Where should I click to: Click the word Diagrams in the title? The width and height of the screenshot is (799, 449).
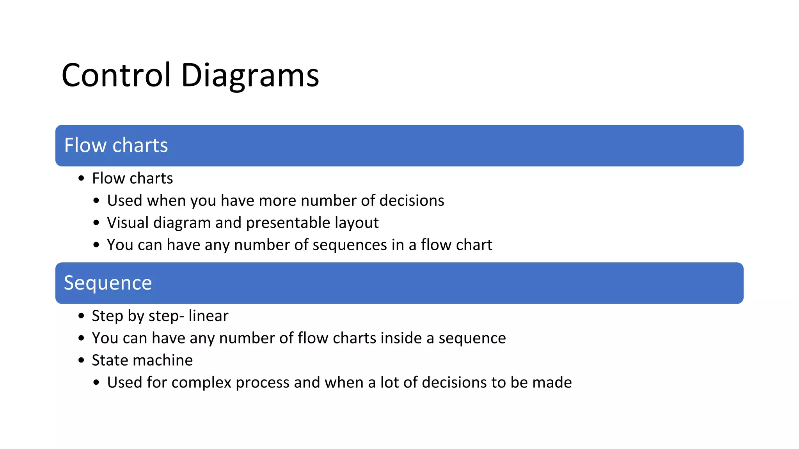[x=250, y=75]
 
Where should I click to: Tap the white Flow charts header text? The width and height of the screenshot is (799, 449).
[x=116, y=145]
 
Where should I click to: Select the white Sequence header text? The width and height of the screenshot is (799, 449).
[x=108, y=283]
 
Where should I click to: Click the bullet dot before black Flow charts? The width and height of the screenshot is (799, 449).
[x=81, y=179]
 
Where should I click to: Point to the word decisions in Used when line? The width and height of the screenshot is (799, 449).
[x=412, y=200]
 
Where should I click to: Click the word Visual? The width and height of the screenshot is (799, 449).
[x=128, y=223]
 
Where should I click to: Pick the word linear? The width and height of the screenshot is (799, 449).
[x=208, y=316]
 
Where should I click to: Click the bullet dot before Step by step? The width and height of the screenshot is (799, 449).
[x=81, y=316]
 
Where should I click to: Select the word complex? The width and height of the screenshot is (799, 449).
[x=201, y=382]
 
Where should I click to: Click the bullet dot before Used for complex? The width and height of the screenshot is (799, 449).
[x=96, y=383]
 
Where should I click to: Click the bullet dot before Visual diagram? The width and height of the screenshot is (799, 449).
[x=96, y=223]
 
